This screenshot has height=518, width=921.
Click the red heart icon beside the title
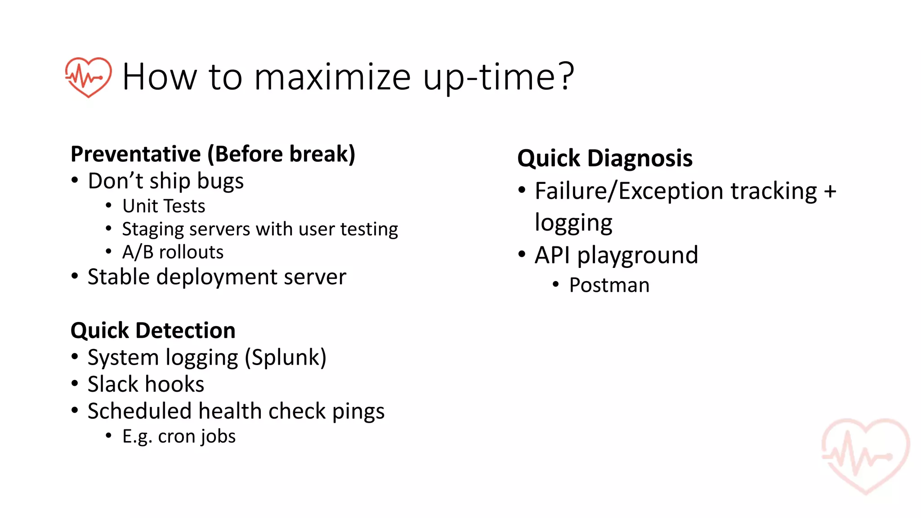pos(88,77)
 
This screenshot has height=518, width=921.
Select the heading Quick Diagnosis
pos(604,158)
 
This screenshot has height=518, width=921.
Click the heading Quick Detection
pos(153,330)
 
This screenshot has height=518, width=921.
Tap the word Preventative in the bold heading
pos(136,154)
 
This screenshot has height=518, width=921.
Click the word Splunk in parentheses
pos(286,358)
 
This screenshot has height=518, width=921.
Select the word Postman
pos(609,285)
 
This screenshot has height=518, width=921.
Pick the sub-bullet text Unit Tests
pos(164,206)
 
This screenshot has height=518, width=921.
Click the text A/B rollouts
pos(173,252)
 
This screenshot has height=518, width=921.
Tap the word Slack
pos(113,384)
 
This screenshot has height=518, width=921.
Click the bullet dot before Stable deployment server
pos(75,276)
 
